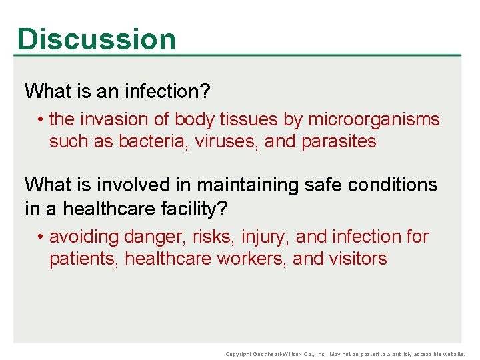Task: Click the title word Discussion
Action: click(97, 39)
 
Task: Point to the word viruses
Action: click(227, 141)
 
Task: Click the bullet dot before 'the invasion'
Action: click(41, 120)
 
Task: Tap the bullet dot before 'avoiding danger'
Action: click(41, 237)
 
